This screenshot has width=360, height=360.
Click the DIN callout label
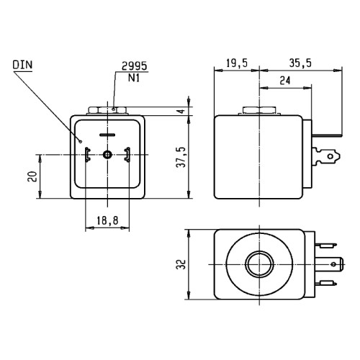[22, 65]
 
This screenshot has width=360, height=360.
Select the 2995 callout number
[134, 66]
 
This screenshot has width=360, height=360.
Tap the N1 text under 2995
[134, 78]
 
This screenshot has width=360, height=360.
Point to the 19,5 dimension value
[237, 63]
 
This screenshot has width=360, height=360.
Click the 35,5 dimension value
[300, 63]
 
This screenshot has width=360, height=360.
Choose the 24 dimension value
[285, 81]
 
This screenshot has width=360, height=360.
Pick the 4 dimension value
[182, 111]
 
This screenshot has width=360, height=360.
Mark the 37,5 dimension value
[182, 157]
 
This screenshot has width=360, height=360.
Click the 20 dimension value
[32, 176]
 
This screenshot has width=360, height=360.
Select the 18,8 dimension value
[107, 220]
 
